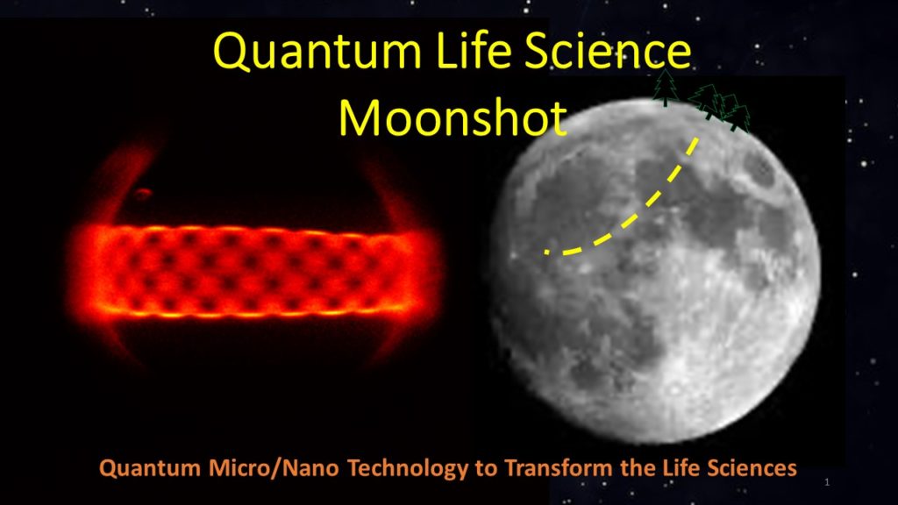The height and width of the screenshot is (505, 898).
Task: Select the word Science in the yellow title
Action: [608, 50]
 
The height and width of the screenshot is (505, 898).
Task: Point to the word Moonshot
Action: [453, 117]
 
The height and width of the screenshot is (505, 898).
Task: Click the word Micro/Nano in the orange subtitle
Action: [274, 468]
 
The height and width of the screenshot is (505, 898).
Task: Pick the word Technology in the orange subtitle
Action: [409, 468]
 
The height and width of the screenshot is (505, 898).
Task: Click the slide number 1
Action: [827, 482]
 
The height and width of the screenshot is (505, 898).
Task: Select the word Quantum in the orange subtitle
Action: [149, 468]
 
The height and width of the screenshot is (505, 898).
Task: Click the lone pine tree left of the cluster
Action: [665, 88]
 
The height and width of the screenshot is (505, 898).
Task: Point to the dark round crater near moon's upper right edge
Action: [760, 169]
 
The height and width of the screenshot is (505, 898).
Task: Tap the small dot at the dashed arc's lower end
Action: [547, 252]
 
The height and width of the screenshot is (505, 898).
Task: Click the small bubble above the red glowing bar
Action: [142, 194]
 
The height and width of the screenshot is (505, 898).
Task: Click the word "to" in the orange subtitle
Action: [487, 469]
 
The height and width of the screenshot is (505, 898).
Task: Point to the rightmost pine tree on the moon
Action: [739, 118]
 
